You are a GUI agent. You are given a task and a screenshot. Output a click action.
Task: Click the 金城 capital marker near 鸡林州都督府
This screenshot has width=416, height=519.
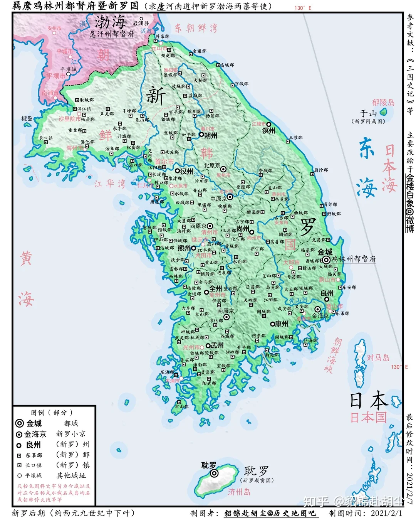[x=326, y=260]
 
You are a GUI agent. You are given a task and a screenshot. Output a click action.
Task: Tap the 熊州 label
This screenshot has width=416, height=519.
[x=184, y=248]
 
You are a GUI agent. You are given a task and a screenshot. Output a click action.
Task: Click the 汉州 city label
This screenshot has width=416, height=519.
[x=186, y=171]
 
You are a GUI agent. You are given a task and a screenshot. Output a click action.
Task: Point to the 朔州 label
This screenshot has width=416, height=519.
[x=210, y=135]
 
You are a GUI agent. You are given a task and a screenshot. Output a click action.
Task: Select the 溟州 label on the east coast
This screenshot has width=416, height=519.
[x=268, y=131]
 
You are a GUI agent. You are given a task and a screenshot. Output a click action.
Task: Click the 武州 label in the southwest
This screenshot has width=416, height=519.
[x=217, y=345]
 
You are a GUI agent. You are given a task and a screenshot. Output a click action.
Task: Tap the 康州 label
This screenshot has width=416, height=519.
[x=281, y=324]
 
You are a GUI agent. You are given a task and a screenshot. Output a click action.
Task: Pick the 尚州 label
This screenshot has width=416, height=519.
[x=243, y=228]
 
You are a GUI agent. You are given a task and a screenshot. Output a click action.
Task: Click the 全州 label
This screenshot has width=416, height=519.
[x=215, y=288]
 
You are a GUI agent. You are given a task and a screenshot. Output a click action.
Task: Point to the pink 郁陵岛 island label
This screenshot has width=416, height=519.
[x=383, y=102]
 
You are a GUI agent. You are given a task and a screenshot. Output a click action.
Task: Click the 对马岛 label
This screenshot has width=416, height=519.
[x=378, y=358]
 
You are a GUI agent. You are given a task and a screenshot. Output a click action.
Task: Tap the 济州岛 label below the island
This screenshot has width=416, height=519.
[x=239, y=492]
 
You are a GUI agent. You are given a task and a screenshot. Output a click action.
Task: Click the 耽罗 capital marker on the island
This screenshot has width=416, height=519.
[x=214, y=473]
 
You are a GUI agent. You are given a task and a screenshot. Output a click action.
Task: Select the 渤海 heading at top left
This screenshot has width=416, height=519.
[x=111, y=22]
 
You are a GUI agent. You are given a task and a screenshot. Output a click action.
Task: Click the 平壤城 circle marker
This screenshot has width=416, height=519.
[x=69, y=74]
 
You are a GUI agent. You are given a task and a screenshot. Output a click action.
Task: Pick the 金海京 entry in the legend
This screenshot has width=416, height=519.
[x=35, y=434]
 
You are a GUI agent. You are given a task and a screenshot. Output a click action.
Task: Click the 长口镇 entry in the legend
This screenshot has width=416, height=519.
[x=34, y=465]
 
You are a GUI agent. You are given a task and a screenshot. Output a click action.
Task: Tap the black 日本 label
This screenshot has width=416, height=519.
[x=369, y=401]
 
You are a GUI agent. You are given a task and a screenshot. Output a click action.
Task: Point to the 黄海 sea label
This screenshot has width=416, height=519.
[x=26, y=278]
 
